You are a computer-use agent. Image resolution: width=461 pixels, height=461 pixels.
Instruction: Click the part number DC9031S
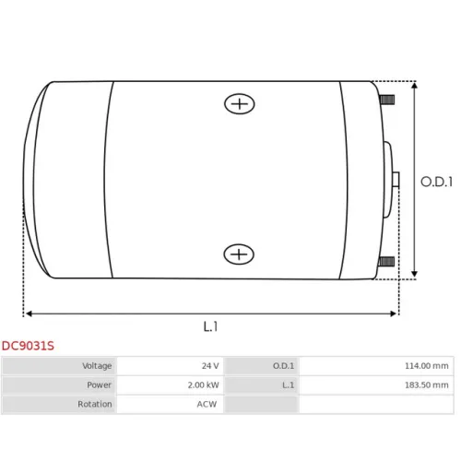point(28,346)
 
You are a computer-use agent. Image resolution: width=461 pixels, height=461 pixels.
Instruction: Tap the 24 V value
point(210,366)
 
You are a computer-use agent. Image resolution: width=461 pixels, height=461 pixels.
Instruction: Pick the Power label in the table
point(99,384)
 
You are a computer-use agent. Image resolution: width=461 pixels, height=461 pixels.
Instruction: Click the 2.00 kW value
point(204,384)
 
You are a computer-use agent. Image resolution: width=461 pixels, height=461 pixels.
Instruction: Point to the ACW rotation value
point(207,404)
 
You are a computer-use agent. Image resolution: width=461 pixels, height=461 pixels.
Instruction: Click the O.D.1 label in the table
point(283,366)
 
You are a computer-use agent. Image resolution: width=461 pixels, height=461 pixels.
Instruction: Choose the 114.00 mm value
point(427,366)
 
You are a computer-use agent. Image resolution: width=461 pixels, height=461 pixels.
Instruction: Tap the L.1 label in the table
point(289,384)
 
